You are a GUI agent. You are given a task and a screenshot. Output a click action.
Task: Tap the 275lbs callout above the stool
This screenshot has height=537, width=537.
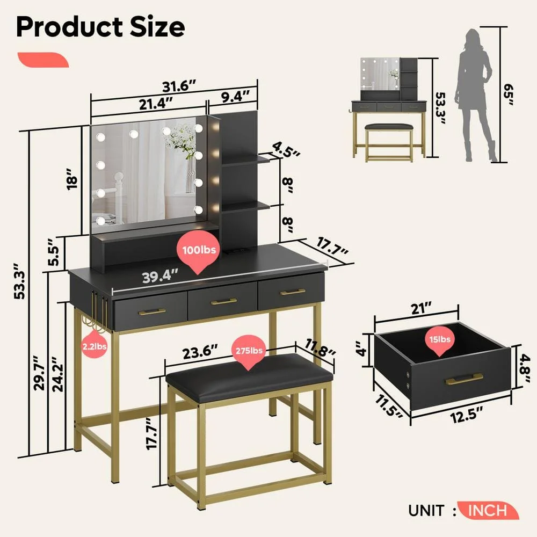[248, 351]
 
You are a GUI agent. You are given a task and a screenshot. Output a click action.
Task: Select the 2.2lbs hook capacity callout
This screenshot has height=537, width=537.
[94, 346]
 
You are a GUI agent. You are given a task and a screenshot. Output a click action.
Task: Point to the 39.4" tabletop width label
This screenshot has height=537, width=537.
[160, 277]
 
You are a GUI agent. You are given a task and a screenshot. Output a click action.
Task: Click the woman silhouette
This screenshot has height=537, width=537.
[474, 95]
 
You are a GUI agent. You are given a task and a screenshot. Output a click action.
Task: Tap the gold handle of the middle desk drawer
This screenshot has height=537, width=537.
[223, 302]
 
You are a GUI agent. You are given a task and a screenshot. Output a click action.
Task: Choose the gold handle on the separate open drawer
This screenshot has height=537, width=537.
[464, 379]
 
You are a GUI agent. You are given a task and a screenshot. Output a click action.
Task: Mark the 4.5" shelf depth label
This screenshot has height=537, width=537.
[286, 149]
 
